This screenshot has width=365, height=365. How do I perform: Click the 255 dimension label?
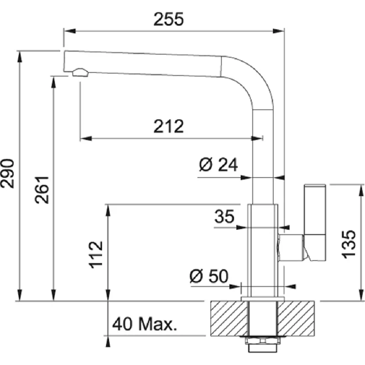pyautogui.click(x=168, y=19)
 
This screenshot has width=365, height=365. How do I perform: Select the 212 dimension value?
pyautogui.click(x=168, y=126)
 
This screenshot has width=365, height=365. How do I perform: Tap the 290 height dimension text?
pyautogui.click(x=7, y=173)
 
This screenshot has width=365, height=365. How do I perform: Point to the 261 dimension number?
pyautogui.click(x=42, y=190)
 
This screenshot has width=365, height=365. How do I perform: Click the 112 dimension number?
pyautogui.click(x=96, y=255)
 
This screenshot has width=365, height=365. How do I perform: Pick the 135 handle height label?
pyautogui.click(x=349, y=244)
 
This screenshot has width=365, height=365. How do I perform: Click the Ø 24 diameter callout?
pyautogui.click(x=219, y=165)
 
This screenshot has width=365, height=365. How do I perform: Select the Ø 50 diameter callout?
pyautogui.click(x=209, y=276)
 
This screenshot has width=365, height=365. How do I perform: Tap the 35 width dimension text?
pyautogui.click(x=224, y=216)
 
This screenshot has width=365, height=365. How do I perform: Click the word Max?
pyautogui.click(x=158, y=324)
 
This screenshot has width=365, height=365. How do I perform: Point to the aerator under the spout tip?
pyautogui.click(x=81, y=73)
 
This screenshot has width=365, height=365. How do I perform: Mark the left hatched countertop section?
pyautogui.click(x=229, y=318)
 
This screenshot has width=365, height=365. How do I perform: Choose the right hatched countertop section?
pyautogui.click(x=296, y=318)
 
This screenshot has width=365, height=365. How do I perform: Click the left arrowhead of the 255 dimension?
pyautogui.click(x=70, y=31)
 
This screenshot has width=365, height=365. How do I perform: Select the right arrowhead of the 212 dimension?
pyautogui.click(x=257, y=139)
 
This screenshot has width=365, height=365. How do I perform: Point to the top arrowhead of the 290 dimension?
pyautogui.click(x=20, y=57)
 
